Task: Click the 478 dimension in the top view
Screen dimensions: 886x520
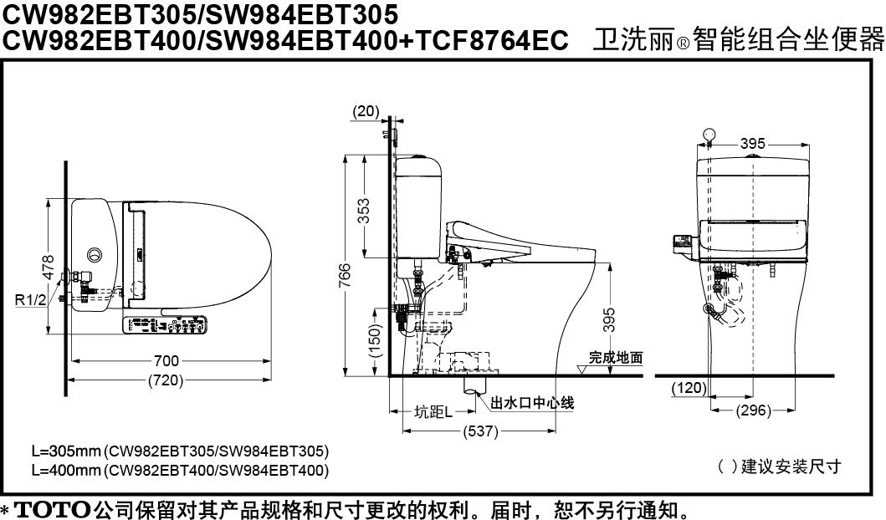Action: [x=49, y=267]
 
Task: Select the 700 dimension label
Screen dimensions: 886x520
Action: [x=166, y=361]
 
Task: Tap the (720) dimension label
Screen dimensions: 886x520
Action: [x=166, y=380]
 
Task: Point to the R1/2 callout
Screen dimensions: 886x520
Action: [x=30, y=300]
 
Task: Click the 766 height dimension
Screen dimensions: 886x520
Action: [x=345, y=276]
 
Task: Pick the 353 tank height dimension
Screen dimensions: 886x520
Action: [x=365, y=211]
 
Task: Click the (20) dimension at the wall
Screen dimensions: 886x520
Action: [x=366, y=111]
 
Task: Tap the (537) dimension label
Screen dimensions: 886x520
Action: [x=480, y=431]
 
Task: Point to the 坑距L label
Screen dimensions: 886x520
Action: [x=433, y=412]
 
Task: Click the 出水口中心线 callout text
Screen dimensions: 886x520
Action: [x=532, y=403]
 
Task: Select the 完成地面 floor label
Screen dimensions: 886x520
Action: [x=615, y=357]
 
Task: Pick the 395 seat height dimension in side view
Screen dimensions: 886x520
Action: [x=608, y=319]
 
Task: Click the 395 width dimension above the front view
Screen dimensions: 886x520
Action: [x=753, y=144]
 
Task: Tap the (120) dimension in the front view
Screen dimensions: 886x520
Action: [x=689, y=388]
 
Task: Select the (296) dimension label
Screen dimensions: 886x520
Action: [x=754, y=410]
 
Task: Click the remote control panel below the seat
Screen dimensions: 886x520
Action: [x=165, y=325]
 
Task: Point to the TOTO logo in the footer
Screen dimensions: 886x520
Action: [x=52, y=509]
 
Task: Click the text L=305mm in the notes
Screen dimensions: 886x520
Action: [x=66, y=451]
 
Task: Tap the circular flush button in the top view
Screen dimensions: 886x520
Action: [x=94, y=253]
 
